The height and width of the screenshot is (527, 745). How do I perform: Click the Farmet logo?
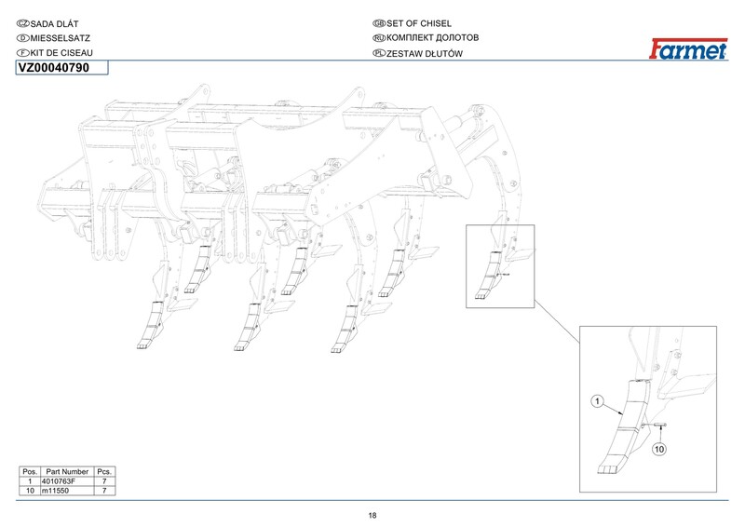[688, 49]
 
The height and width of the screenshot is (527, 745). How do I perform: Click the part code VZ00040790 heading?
[54, 68]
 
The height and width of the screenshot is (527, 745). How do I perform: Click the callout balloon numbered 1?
[599, 402]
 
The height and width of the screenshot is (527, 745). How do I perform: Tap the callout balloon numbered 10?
[659, 450]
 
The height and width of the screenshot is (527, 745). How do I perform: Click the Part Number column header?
[67, 472]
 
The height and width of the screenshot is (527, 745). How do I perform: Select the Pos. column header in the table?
[30, 472]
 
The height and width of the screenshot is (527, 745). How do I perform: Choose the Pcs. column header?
[104, 472]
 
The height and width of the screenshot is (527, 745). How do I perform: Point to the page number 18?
[372, 515]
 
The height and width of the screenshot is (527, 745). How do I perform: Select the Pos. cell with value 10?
[30, 490]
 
